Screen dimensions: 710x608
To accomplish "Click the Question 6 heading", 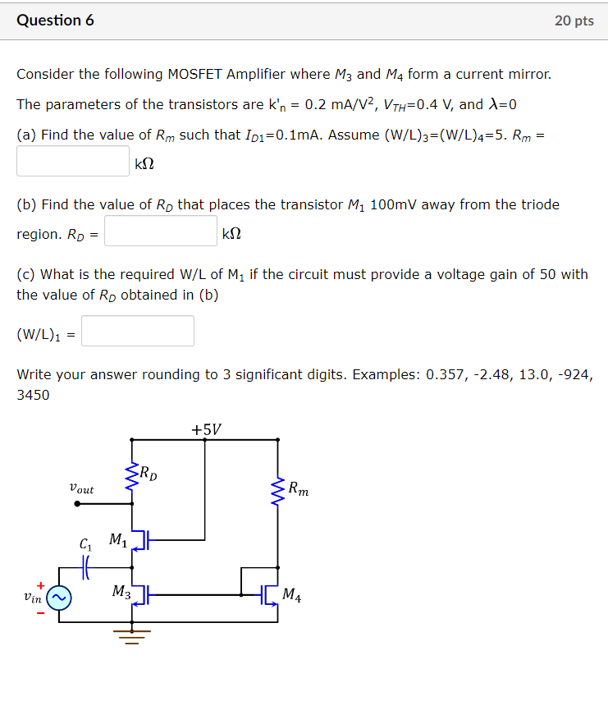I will click(x=55, y=21).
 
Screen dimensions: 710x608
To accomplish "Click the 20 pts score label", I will click(x=574, y=21).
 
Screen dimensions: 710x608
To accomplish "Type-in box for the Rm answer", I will click(x=73, y=161).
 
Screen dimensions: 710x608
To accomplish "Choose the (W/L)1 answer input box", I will click(x=138, y=331).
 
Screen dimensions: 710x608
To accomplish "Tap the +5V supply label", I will click(x=206, y=429).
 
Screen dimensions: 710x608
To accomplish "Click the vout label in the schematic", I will click(x=81, y=489).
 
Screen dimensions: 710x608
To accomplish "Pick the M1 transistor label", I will click(x=117, y=540).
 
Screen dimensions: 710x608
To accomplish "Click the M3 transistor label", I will click(x=120, y=591).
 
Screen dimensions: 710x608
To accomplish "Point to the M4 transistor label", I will click(x=291, y=595).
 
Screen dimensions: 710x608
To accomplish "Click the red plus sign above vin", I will click(x=39, y=584).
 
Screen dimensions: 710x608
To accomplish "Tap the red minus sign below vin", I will click(x=39, y=612).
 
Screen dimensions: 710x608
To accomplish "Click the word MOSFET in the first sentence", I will click(x=200, y=74).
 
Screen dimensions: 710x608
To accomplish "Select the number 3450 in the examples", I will click(x=33, y=395).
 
